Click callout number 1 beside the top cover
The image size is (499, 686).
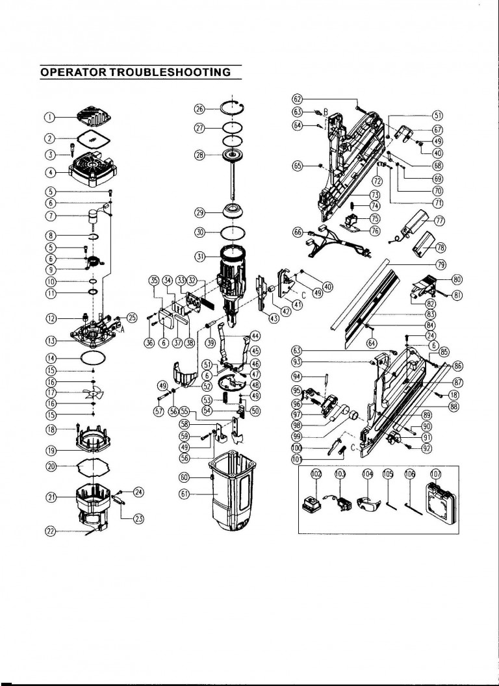49,117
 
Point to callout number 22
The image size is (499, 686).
49,531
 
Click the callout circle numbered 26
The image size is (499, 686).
200,108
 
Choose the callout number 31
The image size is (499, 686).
200,256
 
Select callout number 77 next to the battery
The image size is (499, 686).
441,221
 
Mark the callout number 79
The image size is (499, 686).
441,264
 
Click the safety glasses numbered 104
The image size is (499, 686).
368,505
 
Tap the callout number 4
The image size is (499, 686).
49,173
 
